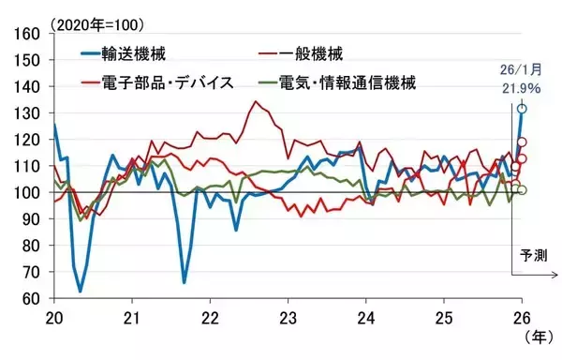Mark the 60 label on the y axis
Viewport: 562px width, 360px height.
[x=30, y=299]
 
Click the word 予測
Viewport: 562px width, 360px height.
[x=532, y=255]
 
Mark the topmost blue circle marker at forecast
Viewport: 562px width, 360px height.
[x=522, y=109]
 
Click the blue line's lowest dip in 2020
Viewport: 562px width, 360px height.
[x=80, y=291]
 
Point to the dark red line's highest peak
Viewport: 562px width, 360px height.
[x=256, y=101]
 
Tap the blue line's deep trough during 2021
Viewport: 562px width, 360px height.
[x=185, y=281]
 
